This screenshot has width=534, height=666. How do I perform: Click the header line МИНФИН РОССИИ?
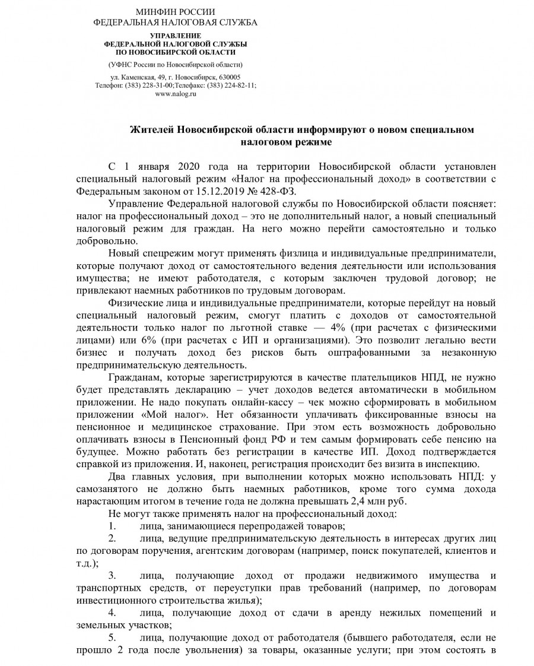coord(176,12)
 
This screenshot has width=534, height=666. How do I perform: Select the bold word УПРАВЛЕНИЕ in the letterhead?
coord(176,36)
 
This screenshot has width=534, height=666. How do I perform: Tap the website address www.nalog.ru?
coord(176,93)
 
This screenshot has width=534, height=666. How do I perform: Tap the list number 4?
coord(112,612)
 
